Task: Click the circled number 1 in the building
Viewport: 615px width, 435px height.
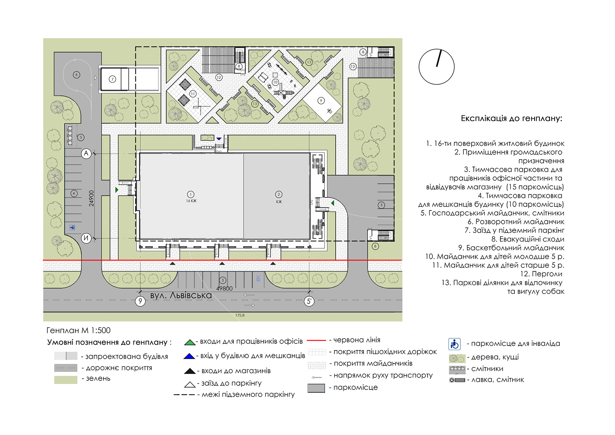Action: click(x=191, y=194)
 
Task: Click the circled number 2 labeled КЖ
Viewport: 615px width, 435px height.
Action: click(x=279, y=194)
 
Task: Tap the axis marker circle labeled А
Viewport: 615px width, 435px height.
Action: click(x=86, y=153)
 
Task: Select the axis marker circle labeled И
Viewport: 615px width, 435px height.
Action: click(x=86, y=238)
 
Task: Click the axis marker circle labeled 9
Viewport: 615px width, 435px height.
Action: click(x=140, y=301)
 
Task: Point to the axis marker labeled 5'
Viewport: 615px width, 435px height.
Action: click(x=309, y=301)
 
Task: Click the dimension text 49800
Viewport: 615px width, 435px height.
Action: click(x=224, y=288)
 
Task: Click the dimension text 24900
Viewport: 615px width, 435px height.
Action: click(x=92, y=198)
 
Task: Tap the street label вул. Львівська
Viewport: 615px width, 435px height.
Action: click(x=181, y=295)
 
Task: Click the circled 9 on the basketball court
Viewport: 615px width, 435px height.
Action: click(x=321, y=101)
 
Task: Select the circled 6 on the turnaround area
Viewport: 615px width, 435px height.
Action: click(x=76, y=75)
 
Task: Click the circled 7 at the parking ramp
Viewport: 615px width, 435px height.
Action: click(x=112, y=79)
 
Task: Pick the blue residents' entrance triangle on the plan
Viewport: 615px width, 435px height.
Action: click(x=219, y=139)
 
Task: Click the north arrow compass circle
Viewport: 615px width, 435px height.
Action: click(x=436, y=67)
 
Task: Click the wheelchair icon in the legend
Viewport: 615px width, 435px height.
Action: click(x=454, y=344)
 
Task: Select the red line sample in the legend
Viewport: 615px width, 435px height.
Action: click(x=316, y=340)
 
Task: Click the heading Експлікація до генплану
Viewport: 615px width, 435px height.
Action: click(x=511, y=119)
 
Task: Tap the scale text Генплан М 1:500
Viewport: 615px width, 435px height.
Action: click(x=78, y=330)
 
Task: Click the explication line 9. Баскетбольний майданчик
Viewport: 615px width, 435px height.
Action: click(x=511, y=248)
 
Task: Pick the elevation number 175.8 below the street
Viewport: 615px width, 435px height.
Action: click(x=240, y=315)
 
